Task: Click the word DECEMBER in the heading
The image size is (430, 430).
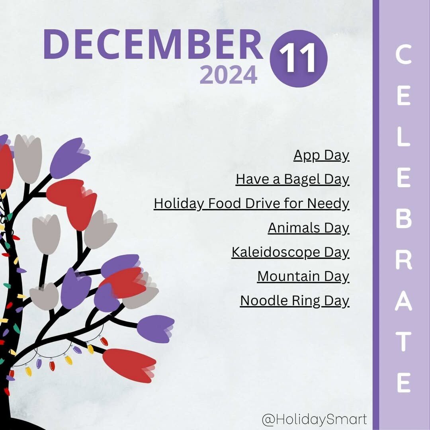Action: click(x=153, y=44)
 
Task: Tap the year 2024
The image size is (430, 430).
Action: click(x=229, y=74)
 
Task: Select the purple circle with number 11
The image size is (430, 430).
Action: click(x=298, y=59)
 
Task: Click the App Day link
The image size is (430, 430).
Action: click(x=321, y=156)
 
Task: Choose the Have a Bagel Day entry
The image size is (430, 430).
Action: click(x=293, y=180)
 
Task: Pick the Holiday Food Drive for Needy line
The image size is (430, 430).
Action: click(x=252, y=204)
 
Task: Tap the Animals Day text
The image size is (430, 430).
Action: click(x=309, y=228)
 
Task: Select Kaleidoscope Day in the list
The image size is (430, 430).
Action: click(x=290, y=252)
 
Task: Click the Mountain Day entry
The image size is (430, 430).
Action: click(x=303, y=276)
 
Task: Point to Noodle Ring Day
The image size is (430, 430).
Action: click(x=295, y=301)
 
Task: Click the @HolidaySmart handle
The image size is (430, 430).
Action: click(x=314, y=420)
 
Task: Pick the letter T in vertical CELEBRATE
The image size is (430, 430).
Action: click(x=404, y=342)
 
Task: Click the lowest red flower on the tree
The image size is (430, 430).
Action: click(x=129, y=365)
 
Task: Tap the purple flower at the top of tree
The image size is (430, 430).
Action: click(x=70, y=158)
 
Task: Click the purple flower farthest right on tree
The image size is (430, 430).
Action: click(x=155, y=329)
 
